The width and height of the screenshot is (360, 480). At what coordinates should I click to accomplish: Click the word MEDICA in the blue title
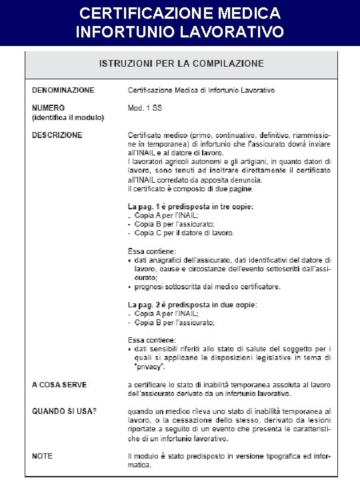click(x=245, y=13)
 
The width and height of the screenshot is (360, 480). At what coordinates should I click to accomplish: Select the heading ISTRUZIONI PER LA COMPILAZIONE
click(x=181, y=64)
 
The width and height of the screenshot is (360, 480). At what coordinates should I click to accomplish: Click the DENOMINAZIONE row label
click(x=63, y=89)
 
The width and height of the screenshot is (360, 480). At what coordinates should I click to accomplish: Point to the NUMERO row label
click(x=49, y=107)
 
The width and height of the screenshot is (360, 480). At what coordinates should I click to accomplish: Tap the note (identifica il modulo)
click(x=68, y=117)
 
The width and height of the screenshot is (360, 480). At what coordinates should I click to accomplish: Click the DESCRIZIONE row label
click(x=58, y=135)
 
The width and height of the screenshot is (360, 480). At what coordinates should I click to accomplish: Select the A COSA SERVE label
click(x=59, y=385)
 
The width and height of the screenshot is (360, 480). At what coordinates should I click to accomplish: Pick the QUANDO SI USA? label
click(x=65, y=411)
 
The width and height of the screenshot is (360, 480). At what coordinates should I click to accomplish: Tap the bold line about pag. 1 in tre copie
click(x=191, y=207)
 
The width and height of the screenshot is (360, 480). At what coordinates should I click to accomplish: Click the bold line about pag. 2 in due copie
click(x=193, y=305)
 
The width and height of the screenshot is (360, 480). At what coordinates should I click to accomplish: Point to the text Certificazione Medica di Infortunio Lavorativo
click(x=201, y=89)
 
